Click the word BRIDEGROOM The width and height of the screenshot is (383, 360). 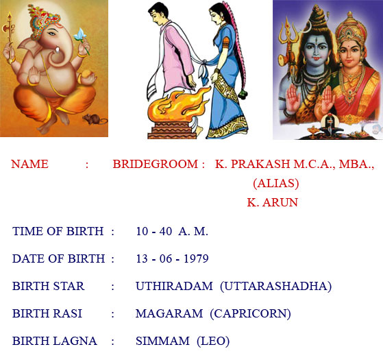[x=155, y=164]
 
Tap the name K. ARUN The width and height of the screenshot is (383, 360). [x=273, y=202]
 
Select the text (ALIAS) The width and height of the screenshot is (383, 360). [x=275, y=184]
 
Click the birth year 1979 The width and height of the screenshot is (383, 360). [x=196, y=259]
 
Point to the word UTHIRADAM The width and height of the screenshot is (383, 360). [x=174, y=286]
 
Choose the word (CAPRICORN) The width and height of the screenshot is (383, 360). [x=250, y=314]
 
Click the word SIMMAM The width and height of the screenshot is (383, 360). [x=162, y=341]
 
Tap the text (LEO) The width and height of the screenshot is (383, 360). [x=213, y=341]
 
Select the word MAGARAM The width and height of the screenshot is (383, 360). [x=169, y=313]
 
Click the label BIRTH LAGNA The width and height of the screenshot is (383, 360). [x=55, y=341]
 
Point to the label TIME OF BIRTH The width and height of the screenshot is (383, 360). [x=58, y=231]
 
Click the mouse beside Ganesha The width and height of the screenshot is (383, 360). [x=94, y=119]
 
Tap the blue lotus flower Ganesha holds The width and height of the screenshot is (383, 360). [x=80, y=35]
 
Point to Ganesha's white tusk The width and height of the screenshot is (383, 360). [x=58, y=50]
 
